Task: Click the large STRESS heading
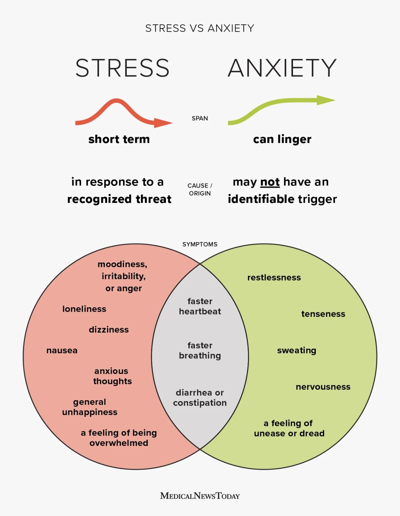pos(122,68)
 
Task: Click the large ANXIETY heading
pos(282,68)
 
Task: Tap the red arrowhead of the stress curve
pos(163,123)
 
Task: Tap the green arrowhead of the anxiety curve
pos(326,100)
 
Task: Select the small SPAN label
pos(200,118)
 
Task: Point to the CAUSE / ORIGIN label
pos(200,189)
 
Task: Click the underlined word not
pos(270,182)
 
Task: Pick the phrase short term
pos(119,139)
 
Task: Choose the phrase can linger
pos(282,139)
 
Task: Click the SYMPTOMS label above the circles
pos(200,244)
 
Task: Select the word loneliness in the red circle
pos(84,309)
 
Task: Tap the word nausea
pos(62,351)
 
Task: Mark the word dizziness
pos(109,330)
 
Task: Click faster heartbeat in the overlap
pos(200,307)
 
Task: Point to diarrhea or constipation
pos(200,398)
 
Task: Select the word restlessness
pos(274,277)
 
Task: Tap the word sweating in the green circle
pos(296,351)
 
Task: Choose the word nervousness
pos(323,387)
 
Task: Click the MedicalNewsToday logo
pos(200,496)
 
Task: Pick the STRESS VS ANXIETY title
pos(200,28)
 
